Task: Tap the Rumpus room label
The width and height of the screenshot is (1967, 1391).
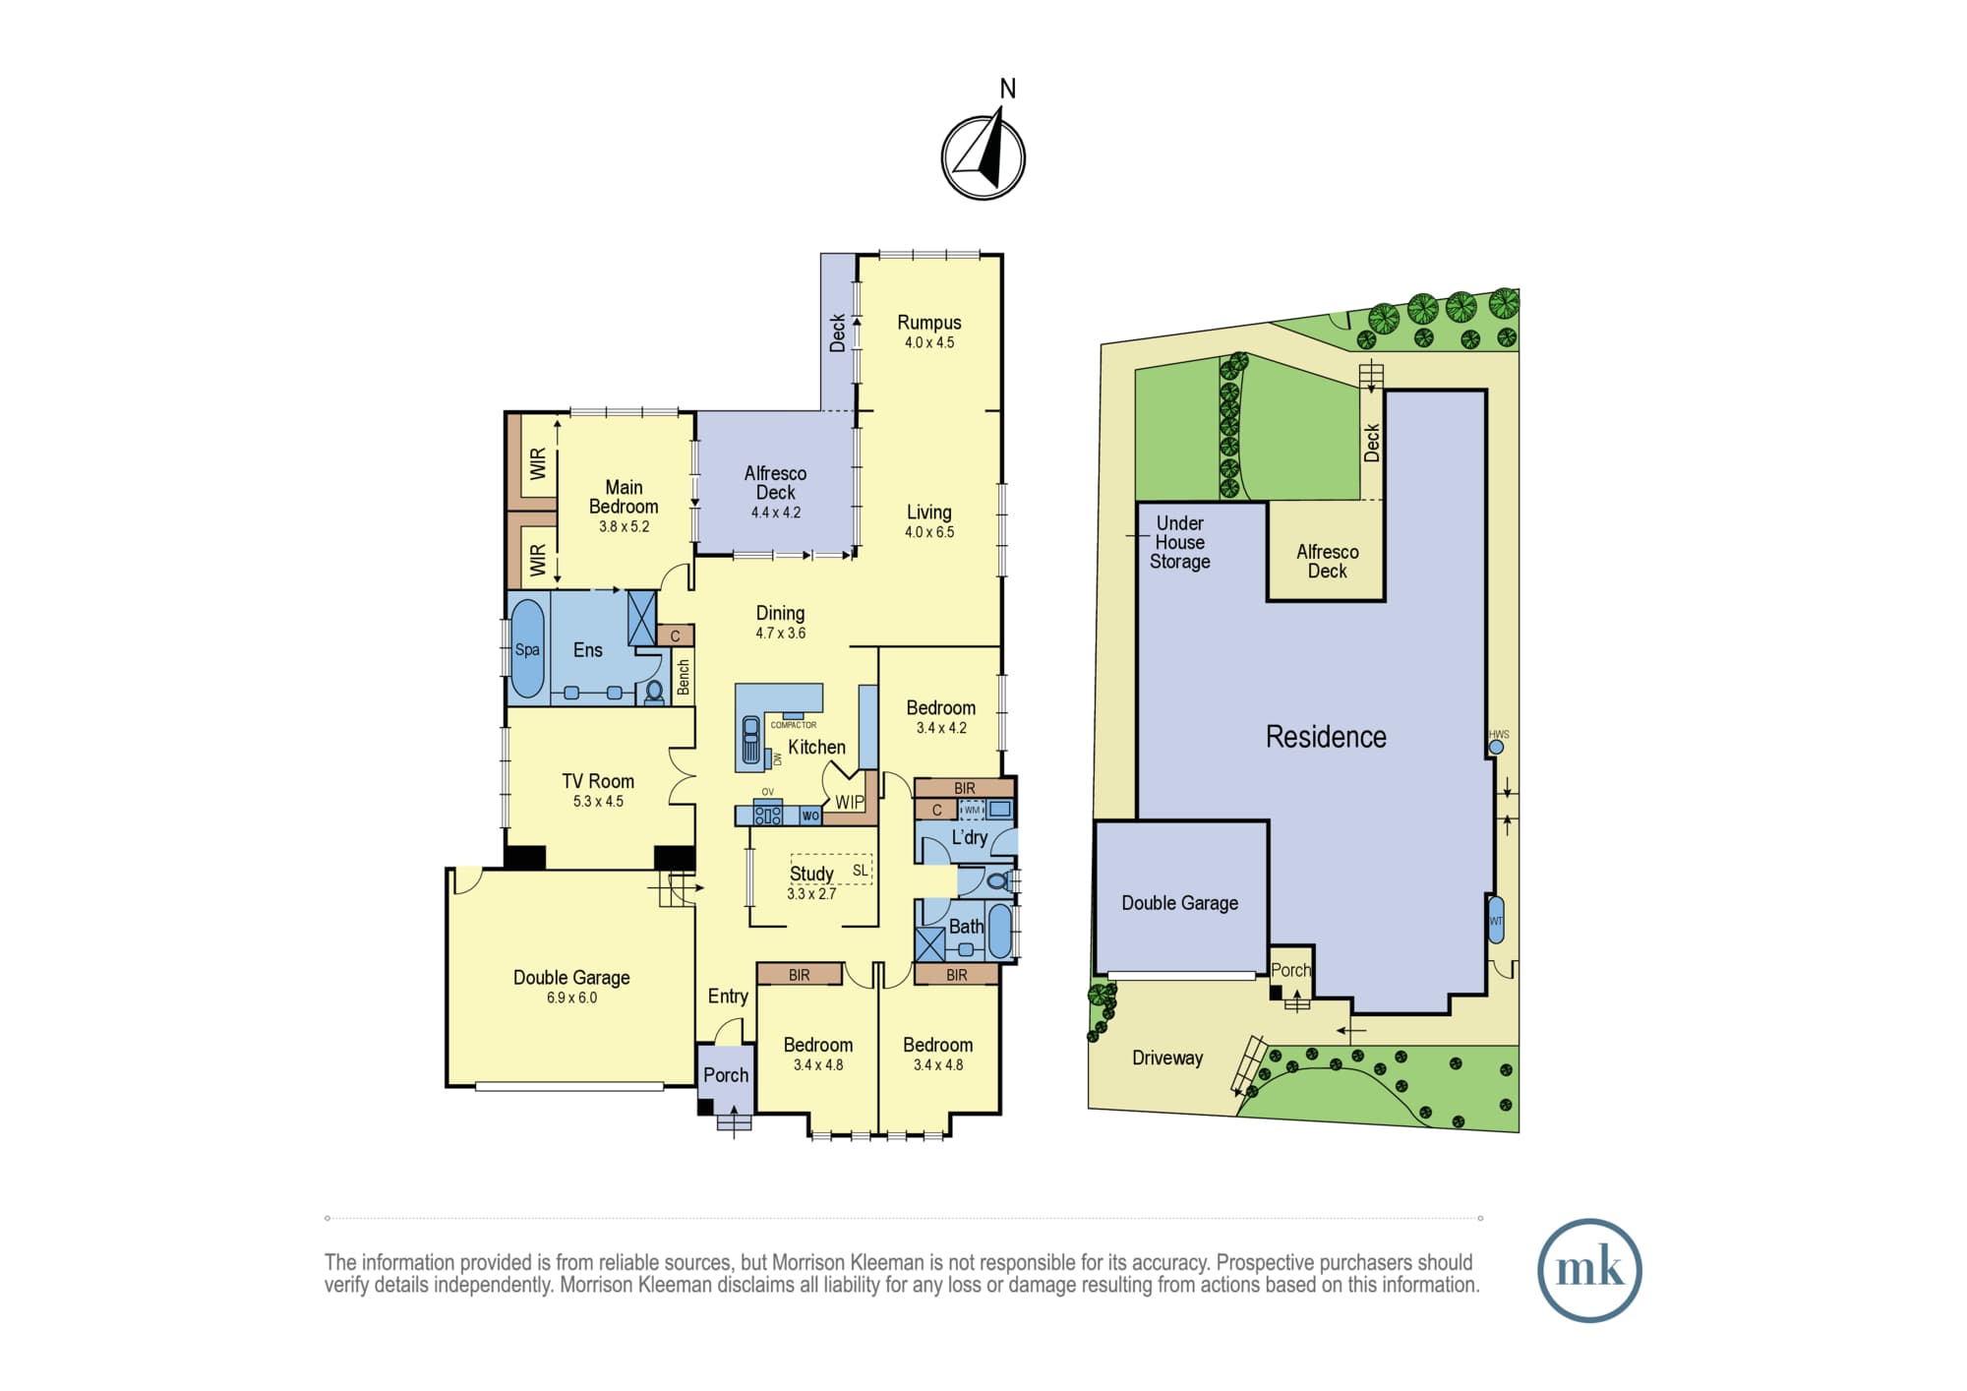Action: click(x=929, y=323)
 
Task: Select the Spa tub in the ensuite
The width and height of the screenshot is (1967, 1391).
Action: click(x=527, y=649)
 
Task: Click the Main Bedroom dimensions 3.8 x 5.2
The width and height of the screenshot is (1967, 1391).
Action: click(x=625, y=527)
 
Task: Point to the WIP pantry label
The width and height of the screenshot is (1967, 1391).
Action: click(x=850, y=803)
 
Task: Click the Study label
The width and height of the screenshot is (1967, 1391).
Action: click(x=811, y=874)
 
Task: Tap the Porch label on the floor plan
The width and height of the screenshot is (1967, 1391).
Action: click(x=726, y=1075)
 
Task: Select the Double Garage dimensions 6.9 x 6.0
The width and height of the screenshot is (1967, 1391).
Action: click(x=571, y=998)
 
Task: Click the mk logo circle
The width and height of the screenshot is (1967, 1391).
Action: click(x=1589, y=1270)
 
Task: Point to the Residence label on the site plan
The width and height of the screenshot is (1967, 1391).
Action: click(x=1326, y=737)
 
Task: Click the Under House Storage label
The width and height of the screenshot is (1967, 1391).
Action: click(x=1180, y=542)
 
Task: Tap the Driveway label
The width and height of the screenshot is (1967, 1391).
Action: click(x=1167, y=1058)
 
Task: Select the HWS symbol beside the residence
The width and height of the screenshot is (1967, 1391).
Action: click(x=1496, y=747)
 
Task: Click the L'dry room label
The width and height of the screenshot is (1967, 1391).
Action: click(x=970, y=837)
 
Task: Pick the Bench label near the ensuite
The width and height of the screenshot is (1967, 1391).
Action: click(x=684, y=677)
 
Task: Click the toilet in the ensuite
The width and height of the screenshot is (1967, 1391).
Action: click(x=654, y=692)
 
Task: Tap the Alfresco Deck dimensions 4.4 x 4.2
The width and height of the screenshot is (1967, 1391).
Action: click(x=776, y=513)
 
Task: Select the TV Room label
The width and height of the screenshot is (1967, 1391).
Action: click(x=598, y=781)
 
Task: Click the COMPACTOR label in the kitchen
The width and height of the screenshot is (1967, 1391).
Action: click(x=794, y=725)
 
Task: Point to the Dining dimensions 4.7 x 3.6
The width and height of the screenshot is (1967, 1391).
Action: click(x=781, y=634)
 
